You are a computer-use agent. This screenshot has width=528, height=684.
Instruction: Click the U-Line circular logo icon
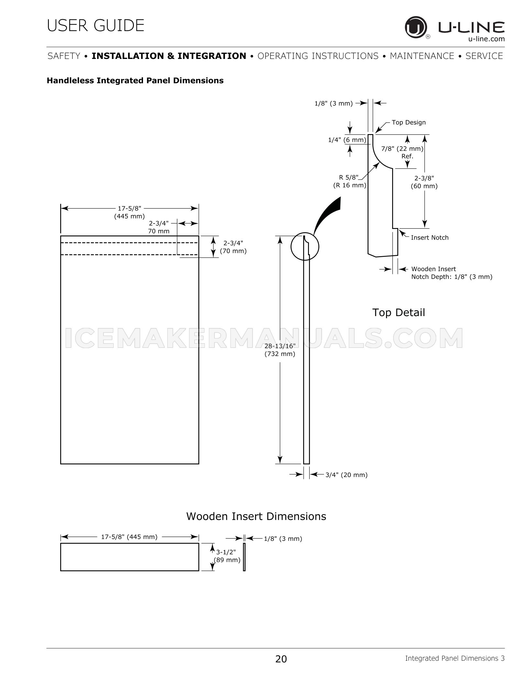(416, 28)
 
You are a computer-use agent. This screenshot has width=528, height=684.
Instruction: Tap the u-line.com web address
(486, 39)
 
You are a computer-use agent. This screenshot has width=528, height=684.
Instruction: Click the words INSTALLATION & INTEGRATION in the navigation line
(169, 56)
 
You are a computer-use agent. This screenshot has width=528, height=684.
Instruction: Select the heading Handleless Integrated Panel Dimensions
(135, 81)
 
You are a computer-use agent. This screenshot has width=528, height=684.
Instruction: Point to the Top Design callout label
(409, 122)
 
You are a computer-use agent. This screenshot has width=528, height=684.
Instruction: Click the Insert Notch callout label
(430, 238)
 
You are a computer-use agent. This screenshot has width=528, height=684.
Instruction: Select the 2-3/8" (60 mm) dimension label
(424, 182)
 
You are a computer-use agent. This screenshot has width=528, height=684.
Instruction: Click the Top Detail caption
(399, 313)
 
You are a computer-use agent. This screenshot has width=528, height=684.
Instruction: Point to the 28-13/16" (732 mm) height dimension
(280, 350)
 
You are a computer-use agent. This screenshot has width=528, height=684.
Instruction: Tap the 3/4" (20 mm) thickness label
(346, 475)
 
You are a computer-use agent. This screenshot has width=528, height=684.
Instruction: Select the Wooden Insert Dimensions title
(256, 516)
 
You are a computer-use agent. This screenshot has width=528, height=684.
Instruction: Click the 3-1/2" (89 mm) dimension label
(227, 556)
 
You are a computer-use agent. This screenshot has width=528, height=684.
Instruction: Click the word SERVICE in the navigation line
(484, 56)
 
